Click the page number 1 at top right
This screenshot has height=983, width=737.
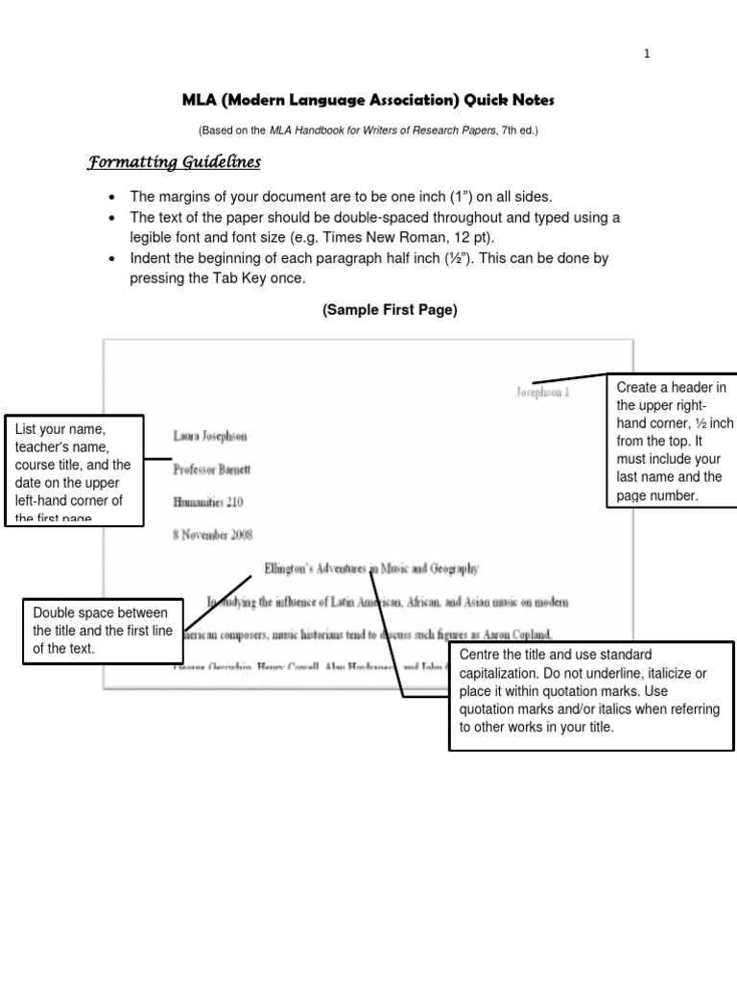click(x=647, y=54)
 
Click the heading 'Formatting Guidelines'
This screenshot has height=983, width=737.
click(x=174, y=162)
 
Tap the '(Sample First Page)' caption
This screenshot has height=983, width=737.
click(x=390, y=309)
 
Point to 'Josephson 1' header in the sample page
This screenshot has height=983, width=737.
click(x=542, y=393)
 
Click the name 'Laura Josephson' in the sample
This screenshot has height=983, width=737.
click(x=209, y=436)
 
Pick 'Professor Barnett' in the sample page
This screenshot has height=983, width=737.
click(x=212, y=469)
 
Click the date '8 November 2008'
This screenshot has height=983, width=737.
click(x=213, y=535)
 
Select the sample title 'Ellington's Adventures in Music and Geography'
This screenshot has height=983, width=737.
click(x=371, y=568)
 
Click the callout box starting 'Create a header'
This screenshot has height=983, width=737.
click(x=672, y=440)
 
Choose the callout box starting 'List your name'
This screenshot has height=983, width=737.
click(x=74, y=470)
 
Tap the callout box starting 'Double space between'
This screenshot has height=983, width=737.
click(x=100, y=632)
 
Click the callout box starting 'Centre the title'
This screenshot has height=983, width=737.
click(x=584, y=696)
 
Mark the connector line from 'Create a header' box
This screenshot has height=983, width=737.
click(x=570, y=380)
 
